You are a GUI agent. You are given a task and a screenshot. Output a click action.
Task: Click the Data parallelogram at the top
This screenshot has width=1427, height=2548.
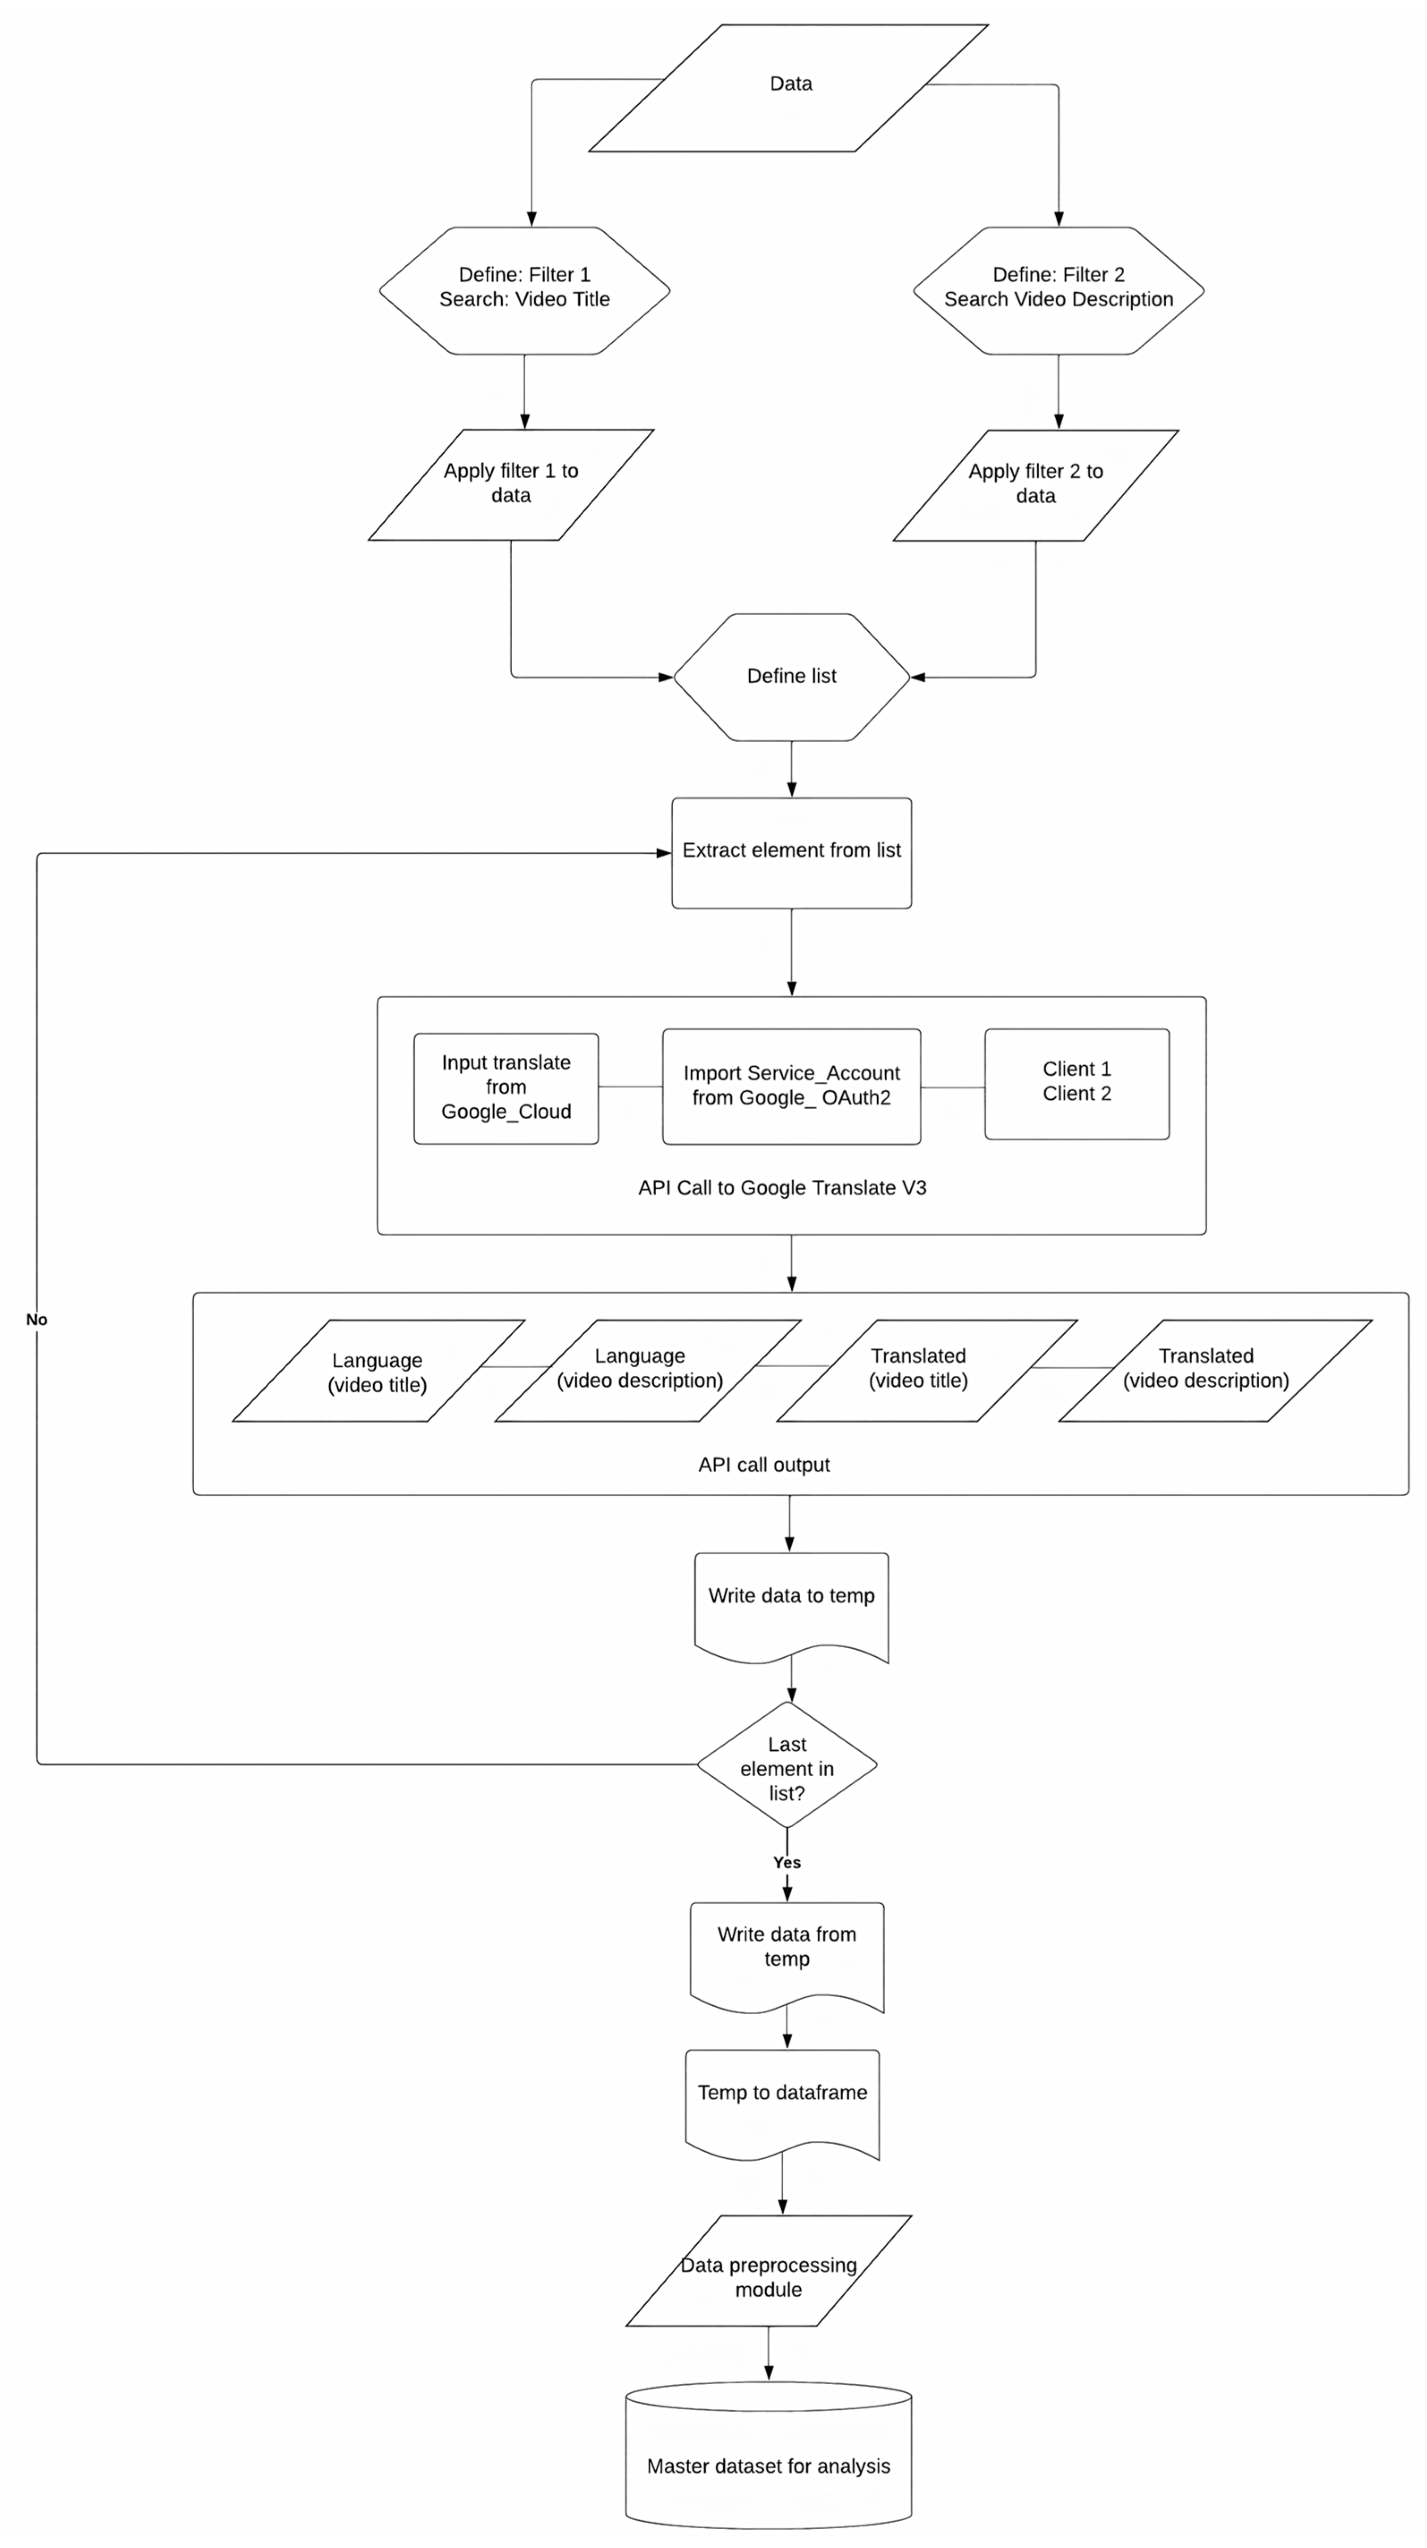point(788,88)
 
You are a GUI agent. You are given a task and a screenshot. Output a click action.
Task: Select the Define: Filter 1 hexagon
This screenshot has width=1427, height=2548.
point(524,291)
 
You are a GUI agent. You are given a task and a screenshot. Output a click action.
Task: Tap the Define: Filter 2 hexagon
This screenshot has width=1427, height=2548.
point(1058,291)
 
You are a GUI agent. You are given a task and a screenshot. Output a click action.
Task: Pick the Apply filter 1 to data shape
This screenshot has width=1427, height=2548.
point(510,485)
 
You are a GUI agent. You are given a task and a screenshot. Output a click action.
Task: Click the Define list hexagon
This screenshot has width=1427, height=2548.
point(791,676)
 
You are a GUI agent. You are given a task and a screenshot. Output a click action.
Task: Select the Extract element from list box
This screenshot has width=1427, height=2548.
point(791,853)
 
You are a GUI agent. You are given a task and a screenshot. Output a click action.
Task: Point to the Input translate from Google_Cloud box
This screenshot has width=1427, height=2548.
point(505,1088)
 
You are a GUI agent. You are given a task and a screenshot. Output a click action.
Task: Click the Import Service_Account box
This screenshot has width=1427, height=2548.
point(791,1086)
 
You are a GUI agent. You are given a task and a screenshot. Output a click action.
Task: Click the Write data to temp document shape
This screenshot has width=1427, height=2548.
point(791,1608)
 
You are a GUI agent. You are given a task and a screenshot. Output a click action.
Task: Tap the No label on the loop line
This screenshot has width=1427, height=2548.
point(37,1319)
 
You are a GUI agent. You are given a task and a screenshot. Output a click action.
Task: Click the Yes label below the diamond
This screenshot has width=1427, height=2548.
point(787,1863)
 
